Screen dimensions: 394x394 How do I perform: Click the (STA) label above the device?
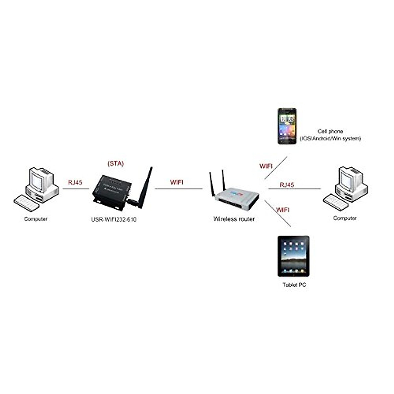(x=116, y=164)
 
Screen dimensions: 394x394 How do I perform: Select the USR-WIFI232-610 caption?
(x=114, y=219)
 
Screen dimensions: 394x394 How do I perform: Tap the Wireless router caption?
(x=234, y=219)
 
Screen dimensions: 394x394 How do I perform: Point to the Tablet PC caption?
(x=294, y=285)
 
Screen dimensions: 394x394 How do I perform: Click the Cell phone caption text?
(x=330, y=131)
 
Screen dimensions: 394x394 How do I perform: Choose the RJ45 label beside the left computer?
(x=75, y=182)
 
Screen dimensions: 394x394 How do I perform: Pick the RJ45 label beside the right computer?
(x=287, y=185)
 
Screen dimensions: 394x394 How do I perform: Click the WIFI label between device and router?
(x=177, y=182)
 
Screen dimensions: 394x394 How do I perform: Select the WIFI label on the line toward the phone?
(x=266, y=166)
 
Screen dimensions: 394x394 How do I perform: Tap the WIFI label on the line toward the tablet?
(x=282, y=209)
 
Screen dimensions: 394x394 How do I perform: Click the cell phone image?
(x=287, y=126)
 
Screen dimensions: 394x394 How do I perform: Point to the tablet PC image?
(x=293, y=256)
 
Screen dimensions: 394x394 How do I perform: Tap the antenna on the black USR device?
(x=144, y=187)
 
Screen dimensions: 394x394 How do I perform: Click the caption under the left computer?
(x=35, y=219)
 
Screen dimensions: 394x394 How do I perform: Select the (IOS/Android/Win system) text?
(x=330, y=139)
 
